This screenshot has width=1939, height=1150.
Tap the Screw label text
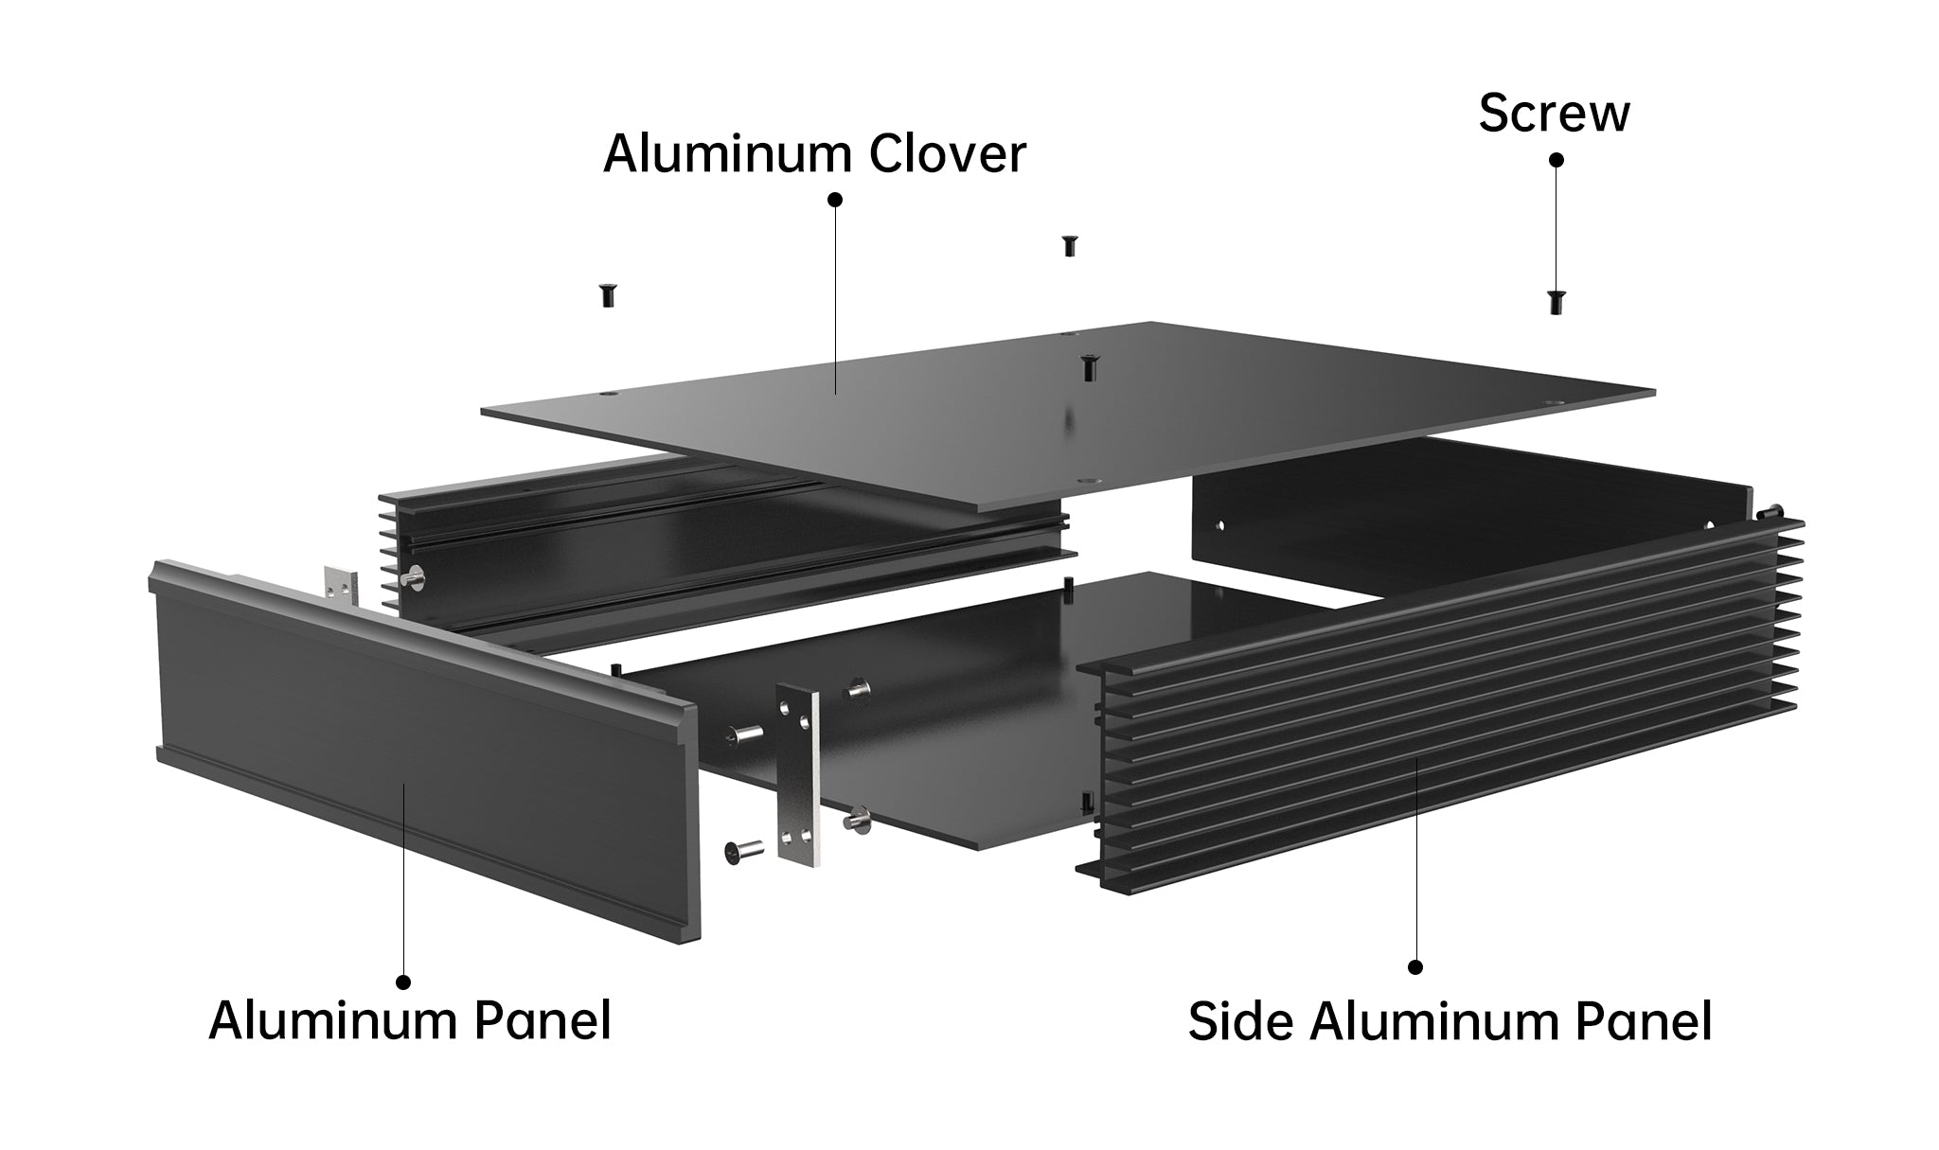[1554, 113]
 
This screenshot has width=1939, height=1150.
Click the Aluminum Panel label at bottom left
[409, 1020]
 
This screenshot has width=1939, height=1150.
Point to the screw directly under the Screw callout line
[1556, 302]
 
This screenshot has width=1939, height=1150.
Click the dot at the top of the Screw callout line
[1556, 160]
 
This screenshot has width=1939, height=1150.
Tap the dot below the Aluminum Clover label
[835, 200]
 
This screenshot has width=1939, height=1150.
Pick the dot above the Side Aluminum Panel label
[1416, 966]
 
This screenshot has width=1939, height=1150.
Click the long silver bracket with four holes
[798, 772]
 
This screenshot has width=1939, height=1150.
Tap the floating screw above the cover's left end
[608, 295]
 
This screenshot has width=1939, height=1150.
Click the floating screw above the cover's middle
[1070, 245]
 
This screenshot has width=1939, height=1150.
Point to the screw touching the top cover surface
[1089, 367]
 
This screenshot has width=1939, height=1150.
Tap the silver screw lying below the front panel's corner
[743, 852]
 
